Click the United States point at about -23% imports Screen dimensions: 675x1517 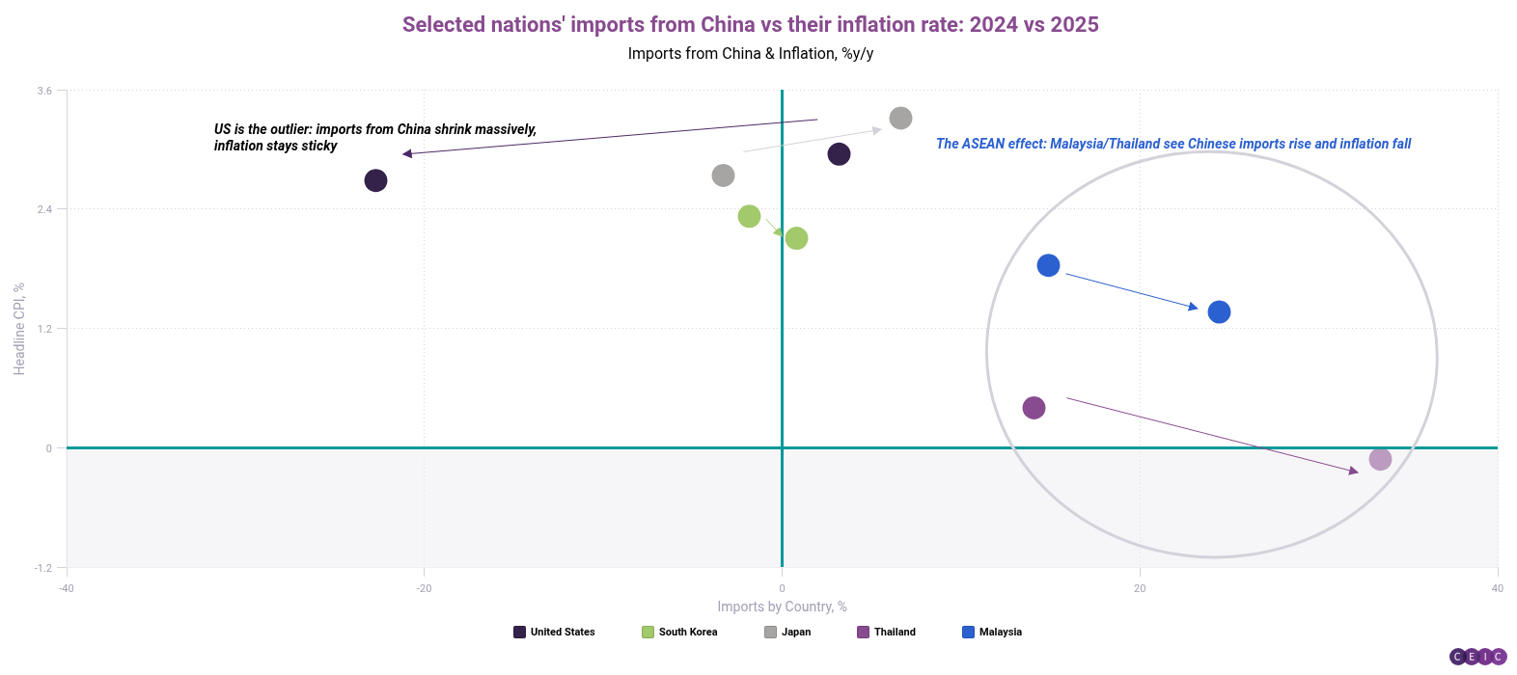375,180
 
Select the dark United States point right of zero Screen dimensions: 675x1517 839,154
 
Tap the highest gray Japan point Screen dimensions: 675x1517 900,119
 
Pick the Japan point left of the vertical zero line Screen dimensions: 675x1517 723,175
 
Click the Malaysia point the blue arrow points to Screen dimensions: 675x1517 1219,312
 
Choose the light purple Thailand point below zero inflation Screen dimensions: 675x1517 1380,459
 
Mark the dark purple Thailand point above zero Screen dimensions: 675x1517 1034,408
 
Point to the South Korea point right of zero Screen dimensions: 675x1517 796,238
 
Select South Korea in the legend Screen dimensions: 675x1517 679,633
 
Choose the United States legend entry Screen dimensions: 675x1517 554,633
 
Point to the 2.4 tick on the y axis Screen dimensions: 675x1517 44,209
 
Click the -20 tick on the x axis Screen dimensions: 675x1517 424,588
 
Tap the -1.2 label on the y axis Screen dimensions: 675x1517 43,568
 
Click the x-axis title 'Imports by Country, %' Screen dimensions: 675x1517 782,607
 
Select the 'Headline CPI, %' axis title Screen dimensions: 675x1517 19,329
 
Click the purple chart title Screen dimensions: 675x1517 750,25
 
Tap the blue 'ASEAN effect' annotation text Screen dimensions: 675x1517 1172,144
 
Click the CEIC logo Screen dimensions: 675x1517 1477,657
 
